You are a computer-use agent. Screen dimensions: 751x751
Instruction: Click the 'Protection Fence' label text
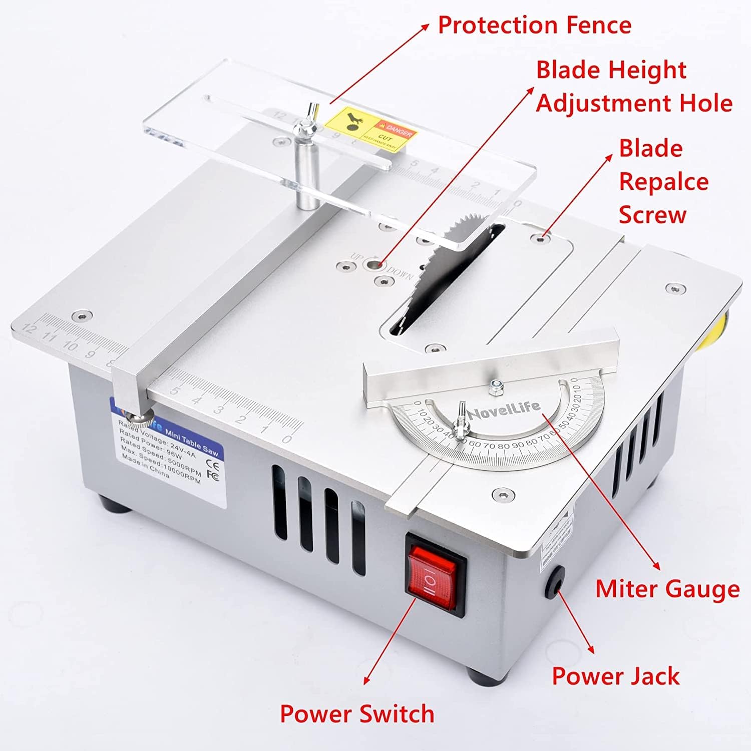(x=534, y=25)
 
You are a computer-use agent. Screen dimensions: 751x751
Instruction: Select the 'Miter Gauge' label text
(x=667, y=589)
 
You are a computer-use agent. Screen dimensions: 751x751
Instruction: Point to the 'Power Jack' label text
(x=615, y=676)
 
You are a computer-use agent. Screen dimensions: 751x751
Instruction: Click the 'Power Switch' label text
(x=357, y=713)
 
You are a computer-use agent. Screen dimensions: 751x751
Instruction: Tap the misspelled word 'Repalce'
(x=663, y=182)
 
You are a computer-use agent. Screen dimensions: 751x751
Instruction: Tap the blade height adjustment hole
(x=373, y=264)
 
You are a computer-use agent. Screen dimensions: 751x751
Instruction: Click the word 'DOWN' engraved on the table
(x=400, y=273)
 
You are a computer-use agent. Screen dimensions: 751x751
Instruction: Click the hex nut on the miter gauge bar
(x=497, y=384)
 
